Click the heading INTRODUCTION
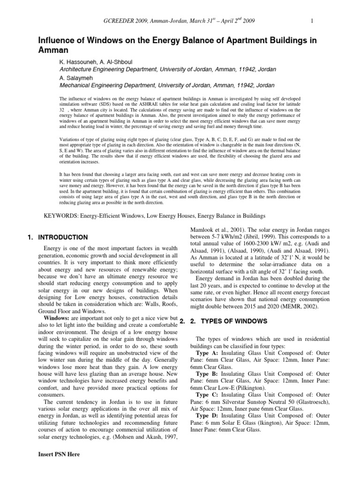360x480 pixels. [x=63, y=237]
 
